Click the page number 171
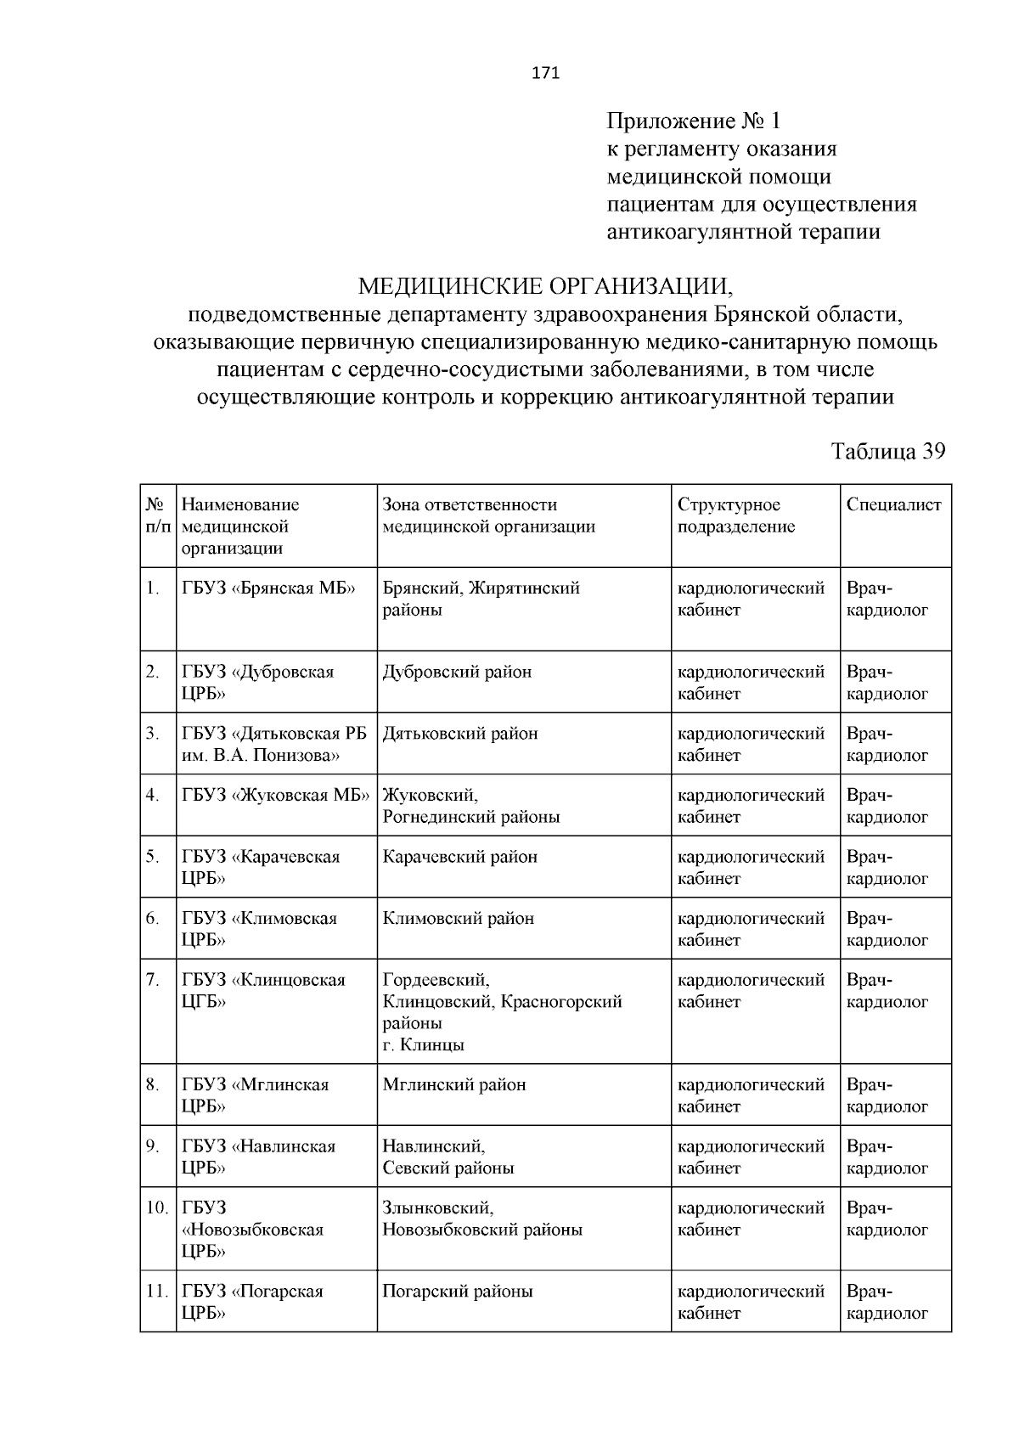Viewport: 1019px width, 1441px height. [x=545, y=73]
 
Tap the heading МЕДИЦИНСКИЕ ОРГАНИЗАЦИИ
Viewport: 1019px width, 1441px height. [x=544, y=284]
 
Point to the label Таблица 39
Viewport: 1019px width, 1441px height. [x=888, y=451]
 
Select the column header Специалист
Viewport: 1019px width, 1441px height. [x=894, y=504]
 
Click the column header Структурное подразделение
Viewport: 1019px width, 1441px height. [x=735, y=515]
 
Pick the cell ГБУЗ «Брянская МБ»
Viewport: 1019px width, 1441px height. [x=268, y=588]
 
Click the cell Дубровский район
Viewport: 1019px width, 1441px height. [x=457, y=672]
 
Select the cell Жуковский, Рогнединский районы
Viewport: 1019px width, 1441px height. [x=471, y=806]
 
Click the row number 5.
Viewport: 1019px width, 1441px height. [x=153, y=857]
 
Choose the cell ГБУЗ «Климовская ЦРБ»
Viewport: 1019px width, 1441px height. [x=259, y=929]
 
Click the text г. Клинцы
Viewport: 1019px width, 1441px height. [x=423, y=1045]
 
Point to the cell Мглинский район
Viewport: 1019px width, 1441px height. [x=454, y=1084]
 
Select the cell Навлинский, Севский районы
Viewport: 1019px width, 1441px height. [x=448, y=1157]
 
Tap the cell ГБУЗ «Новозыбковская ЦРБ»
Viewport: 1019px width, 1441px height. [x=252, y=1229]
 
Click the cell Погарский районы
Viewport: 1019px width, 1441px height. [x=458, y=1292]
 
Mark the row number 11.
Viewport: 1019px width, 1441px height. [x=156, y=1292]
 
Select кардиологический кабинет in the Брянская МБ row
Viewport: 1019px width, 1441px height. [x=751, y=599]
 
